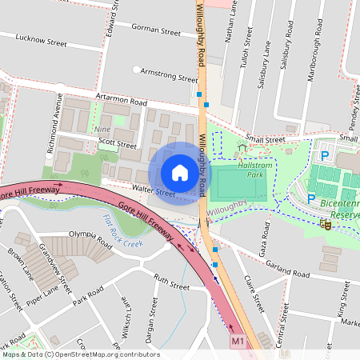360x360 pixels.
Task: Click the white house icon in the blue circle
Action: click(179, 172)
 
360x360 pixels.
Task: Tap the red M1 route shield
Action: click(238, 342)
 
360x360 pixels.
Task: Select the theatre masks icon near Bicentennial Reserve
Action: click(326, 225)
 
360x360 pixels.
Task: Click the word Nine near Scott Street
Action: click(102, 129)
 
